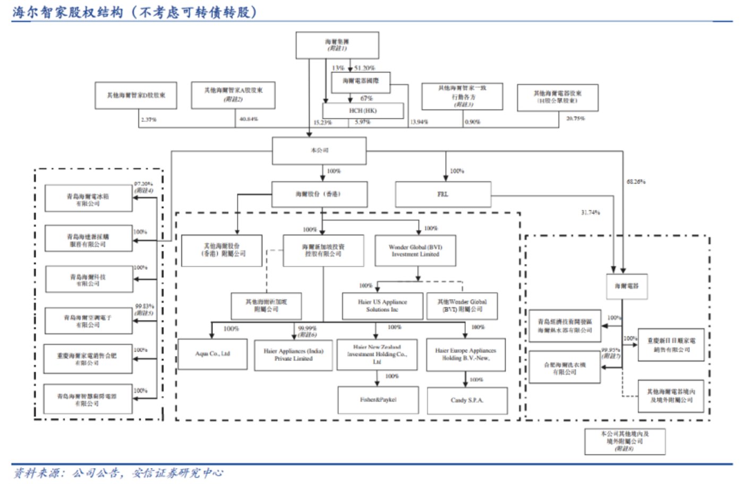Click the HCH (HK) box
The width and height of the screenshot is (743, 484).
[x=363, y=111]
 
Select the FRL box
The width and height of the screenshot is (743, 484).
[x=443, y=194]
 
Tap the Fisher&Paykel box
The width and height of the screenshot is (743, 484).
[x=378, y=400]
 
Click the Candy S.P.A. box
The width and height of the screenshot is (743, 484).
[x=467, y=401]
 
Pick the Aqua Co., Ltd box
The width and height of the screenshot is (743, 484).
[x=212, y=354]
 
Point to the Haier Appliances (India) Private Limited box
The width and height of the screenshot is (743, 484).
[x=293, y=355]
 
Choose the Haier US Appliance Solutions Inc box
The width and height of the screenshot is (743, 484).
[x=382, y=306]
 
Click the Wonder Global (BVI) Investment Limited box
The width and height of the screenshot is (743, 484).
[x=415, y=251]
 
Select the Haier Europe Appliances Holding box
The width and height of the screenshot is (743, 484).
[x=465, y=355]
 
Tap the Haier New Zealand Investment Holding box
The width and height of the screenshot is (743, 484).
[x=377, y=354]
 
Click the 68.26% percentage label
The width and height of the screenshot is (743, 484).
[x=636, y=182]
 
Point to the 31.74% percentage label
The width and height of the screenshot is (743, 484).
[x=590, y=213]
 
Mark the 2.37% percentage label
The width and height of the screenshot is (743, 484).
[x=149, y=120]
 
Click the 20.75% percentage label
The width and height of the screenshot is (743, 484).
[x=575, y=118]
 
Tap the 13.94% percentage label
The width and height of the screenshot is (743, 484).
[x=419, y=122]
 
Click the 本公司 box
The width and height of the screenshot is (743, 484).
[x=319, y=151]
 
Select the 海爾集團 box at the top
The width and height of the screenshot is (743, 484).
[x=337, y=45]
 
